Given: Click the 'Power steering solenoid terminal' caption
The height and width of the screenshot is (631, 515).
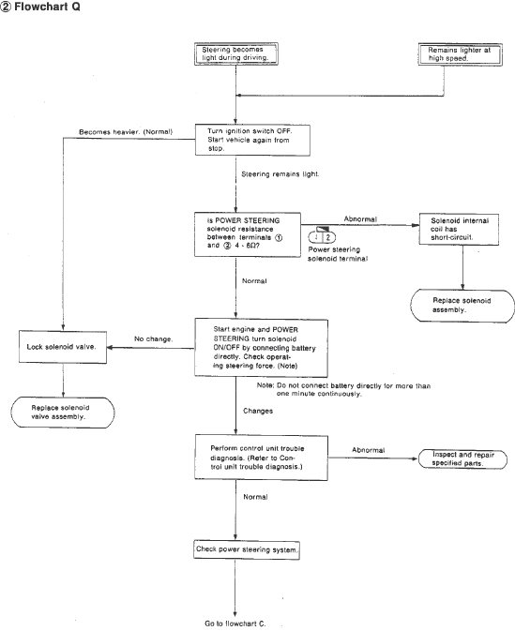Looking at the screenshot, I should [x=325, y=256].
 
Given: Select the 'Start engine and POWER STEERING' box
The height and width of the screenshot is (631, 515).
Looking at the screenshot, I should [x=260, y=346].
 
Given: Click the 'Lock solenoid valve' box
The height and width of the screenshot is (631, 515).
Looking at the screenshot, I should [x=62, y=348].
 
